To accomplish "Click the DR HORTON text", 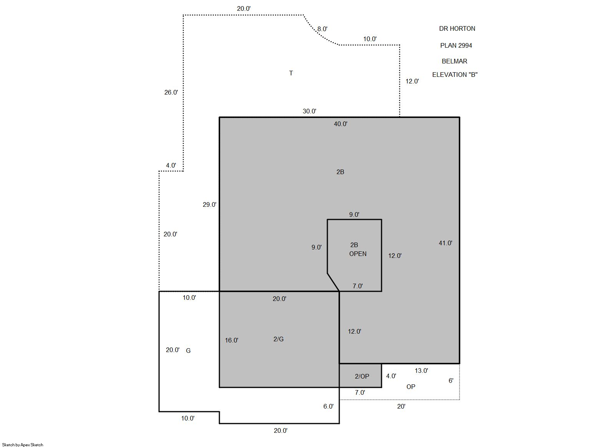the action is (x=457, y=28).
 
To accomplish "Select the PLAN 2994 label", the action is (x=456, y=45).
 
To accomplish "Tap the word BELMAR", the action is (x=454, y=61).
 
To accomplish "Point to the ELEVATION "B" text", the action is (x=455, y=75).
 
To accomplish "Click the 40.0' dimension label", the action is (x=340, y=124).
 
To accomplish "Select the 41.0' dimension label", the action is (x=445, y=243).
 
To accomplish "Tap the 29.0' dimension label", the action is (x=209, y=204).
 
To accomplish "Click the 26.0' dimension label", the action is (x=171, y=93).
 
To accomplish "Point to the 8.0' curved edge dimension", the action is (x=322, y=29).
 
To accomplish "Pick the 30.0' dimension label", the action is (x=309, y=111).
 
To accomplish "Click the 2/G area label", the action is (x=279, y=339).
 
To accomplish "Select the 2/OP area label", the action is (x=362, y=376).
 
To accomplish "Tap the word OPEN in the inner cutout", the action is (x=358, y=254).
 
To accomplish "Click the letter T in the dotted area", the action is (x=291, y=73).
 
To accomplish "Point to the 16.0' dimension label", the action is (x=231, y=340).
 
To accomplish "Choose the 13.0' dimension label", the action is (x=421, y=371).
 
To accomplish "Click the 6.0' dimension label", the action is (x=328, y=406).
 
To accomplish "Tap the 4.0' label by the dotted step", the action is (x=171, y=165).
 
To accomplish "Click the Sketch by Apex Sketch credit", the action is (x=23, y=445).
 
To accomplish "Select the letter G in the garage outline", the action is (x=188, y=351).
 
